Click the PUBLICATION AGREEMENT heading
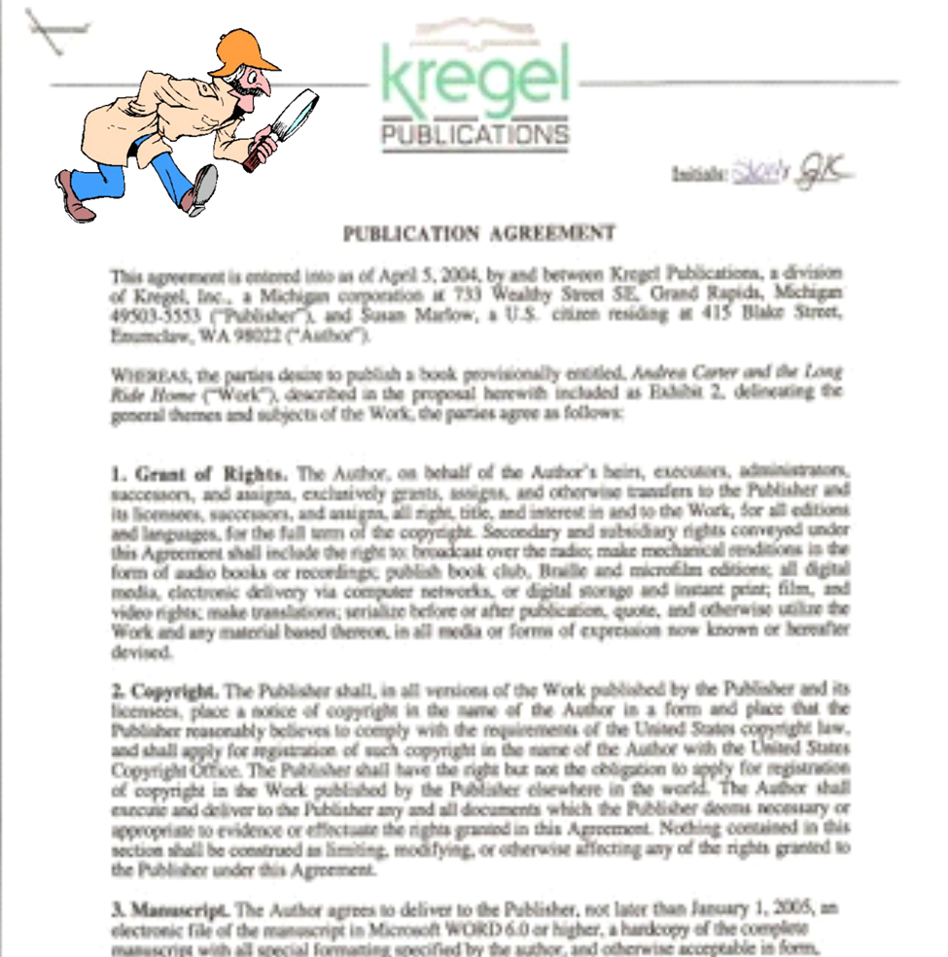coord(478,233)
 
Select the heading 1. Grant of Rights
coord(198,474)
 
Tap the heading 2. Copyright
coord(163,692)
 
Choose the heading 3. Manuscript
coord(170,910)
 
